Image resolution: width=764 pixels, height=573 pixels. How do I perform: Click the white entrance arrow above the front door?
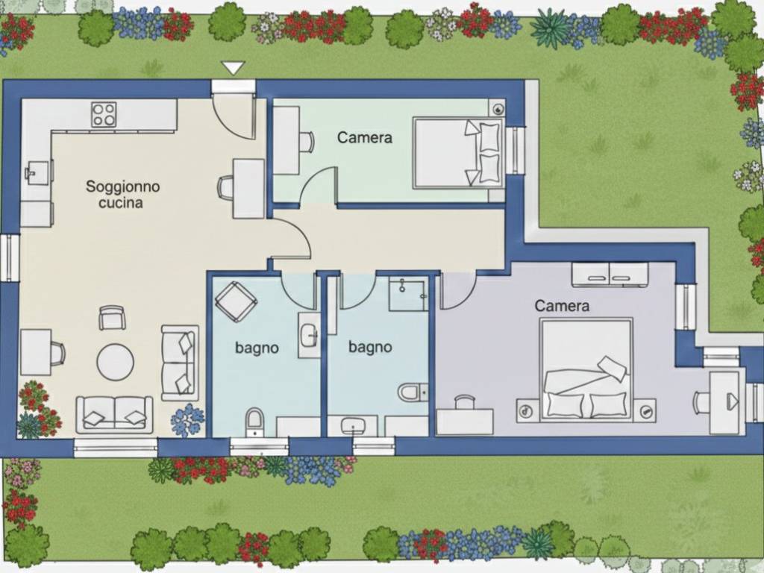(x=233, y=68)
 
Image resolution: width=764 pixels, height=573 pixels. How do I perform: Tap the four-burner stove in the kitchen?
(x=104, y=114)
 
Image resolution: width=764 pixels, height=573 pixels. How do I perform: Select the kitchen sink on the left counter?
(x=39, y=172)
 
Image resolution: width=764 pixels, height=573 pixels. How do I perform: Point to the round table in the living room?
(x=116, y=363)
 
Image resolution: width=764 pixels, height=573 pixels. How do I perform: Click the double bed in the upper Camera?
(x=459, y=152)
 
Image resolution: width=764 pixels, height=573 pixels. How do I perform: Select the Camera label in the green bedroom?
(x=364, y=137)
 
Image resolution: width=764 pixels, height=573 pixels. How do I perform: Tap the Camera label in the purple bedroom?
(x=562, y=305)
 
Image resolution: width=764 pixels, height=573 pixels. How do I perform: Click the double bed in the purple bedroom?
(x=586, y=369)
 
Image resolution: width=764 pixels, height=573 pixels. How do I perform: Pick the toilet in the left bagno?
(x=254, y=422)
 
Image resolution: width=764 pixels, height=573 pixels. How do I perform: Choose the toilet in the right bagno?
(x=413, y=392)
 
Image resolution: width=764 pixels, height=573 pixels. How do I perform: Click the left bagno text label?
(x=257, y=348)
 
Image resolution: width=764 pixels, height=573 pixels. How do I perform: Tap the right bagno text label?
(x=370, y=347)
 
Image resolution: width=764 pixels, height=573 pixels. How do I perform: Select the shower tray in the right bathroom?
(x=408, y=294)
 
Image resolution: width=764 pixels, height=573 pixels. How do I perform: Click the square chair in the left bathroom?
(x=236, y=301)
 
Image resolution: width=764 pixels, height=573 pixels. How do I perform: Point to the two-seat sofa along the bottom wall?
(x=114, y=415)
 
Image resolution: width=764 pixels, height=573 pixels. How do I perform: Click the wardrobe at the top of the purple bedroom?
(x=610, y=275)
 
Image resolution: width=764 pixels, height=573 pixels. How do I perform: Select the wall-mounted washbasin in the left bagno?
(x=309, y=335)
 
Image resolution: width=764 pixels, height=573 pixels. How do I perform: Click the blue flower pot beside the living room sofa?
(x=187, y=421)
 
